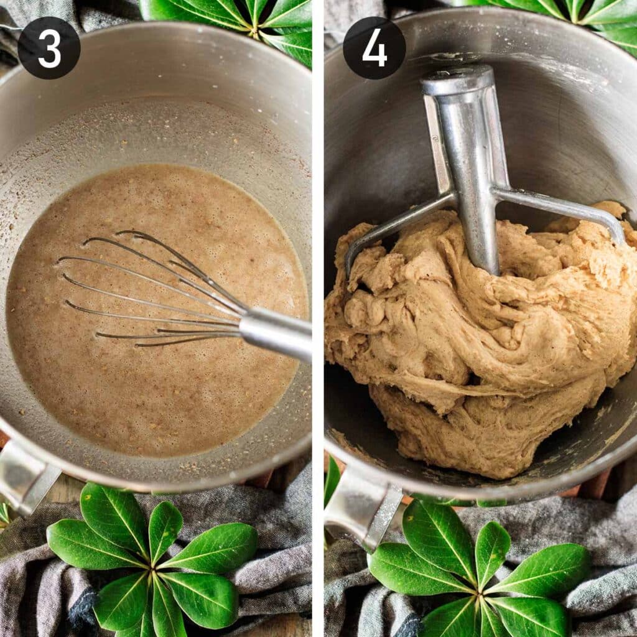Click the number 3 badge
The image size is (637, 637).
tap(49, 48)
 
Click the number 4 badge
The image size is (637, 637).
tap(374, 48)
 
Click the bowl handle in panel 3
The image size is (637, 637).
tap(25, 475)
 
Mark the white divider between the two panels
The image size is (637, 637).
tap(318, 318)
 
